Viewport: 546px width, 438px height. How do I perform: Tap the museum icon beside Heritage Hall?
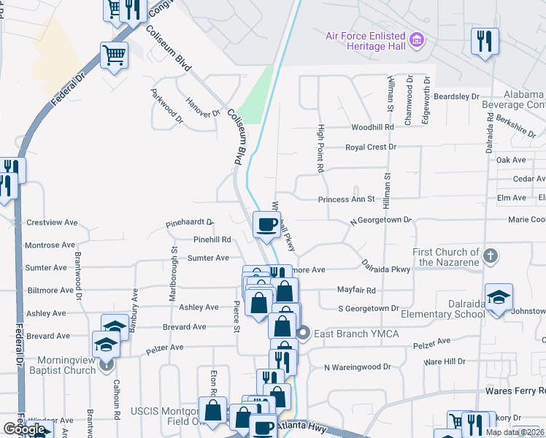pos(417,39)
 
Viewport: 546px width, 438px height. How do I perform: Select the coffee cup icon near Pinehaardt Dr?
pos(266,224)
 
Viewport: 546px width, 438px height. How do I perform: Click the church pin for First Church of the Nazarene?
pos(491,255)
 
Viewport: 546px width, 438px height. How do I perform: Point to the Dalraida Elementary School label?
pos(437,314)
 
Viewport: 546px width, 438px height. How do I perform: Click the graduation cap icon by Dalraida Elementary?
pos(499,298)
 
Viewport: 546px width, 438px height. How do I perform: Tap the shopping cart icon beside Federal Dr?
pos(115,55)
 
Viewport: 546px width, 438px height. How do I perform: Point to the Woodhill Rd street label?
pos(372,127)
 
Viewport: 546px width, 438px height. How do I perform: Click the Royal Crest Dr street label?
pos(370,147)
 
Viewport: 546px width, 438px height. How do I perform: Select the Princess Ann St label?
pos(346,199)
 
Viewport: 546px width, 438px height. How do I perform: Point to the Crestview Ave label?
pos(51,222)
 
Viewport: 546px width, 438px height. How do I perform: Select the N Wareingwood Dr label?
pos(358,366)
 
